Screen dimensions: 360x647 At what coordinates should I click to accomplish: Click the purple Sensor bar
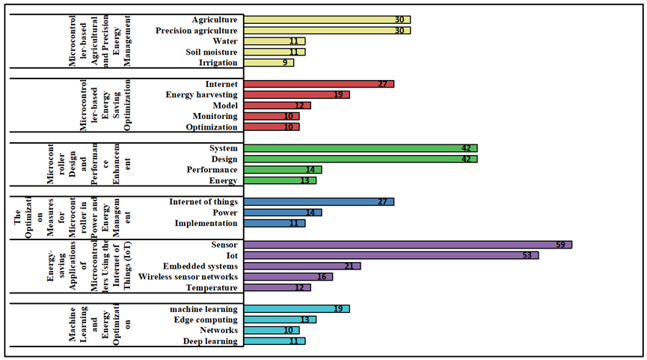(x=408, y=245)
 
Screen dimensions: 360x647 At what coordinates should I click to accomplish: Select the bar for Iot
(x=391, y=255)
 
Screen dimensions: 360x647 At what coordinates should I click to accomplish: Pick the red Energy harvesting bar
(x=297, y=95)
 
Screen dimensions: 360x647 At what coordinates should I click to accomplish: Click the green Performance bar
(x=283, y=170)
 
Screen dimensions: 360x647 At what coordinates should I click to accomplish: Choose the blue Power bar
(x=283, y=213)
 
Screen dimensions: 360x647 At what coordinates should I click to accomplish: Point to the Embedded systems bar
(x=302, y=266)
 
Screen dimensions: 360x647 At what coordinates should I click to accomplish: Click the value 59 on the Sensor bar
(x=559, y=245)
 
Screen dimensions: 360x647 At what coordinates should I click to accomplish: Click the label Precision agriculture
(x=197, y=31)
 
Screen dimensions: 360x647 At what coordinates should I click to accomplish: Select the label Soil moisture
(x=212, y=52)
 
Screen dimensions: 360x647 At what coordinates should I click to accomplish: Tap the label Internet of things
(x=203, y=202)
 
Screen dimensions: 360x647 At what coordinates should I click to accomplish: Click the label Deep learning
(x=209, y=341)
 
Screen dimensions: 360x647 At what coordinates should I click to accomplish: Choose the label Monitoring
(x=215, y=116)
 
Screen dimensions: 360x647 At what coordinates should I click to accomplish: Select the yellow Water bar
(x=275, y=41)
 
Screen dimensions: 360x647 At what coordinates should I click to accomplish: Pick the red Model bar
(x=277, y=106)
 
